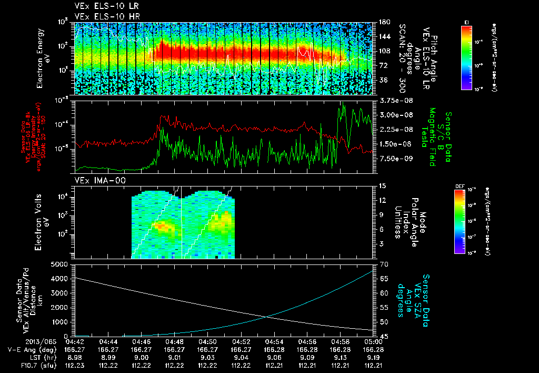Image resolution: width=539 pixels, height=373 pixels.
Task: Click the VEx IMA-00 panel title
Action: pyautogui.click(x=96, y=181)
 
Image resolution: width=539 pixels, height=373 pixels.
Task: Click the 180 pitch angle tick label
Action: pyautogui.click(x=383, y=22)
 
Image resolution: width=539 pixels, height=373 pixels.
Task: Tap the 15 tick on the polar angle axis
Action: pyautogui.click(x=382, y=185)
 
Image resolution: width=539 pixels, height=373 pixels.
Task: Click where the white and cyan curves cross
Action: pyautogui.click(x=268, y=316)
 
